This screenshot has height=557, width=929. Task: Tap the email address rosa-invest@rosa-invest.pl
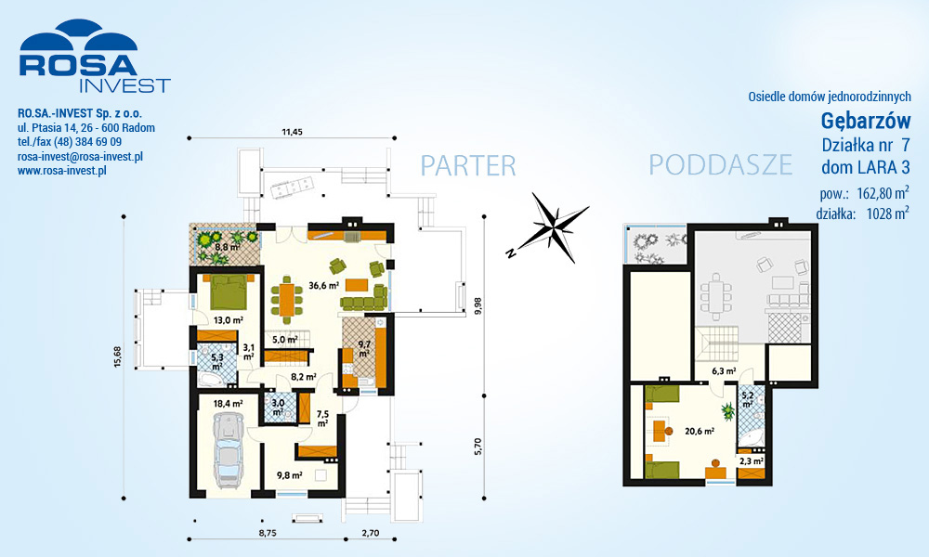click(x=80, y=157)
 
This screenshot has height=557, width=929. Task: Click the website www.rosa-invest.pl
click(x=61, y=171)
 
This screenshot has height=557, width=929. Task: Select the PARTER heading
click(x=468, y=166)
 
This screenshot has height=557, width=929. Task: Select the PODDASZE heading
click(x=721, y=164)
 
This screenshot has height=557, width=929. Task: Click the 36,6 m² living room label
click(x=323, y=285)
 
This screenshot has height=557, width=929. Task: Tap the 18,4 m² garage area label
click(x=229, y=404)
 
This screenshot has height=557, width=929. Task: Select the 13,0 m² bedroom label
click(x=229, y=320)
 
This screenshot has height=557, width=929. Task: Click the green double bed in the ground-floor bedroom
click(x=229, y=291)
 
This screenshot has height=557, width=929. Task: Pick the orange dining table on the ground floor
click(x=287, y=300)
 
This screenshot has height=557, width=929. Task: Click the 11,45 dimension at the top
click(x=292, y=132)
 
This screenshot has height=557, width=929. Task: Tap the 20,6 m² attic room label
click(x=700, y=432)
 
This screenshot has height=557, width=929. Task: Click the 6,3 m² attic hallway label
click(x=724, y=371)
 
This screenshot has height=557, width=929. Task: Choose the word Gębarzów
click(x=866, y=121)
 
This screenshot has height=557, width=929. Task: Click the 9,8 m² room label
click(x=290, y=474)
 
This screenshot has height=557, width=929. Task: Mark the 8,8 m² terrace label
click(x=227, y=247)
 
